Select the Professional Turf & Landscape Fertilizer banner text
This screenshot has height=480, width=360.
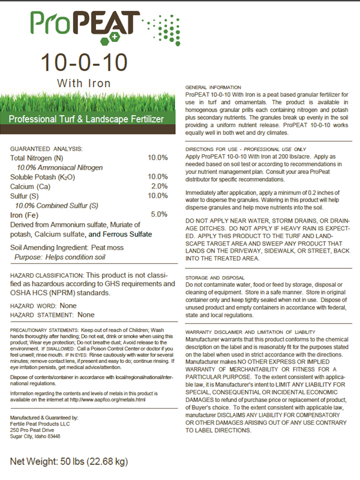tap(87, 120)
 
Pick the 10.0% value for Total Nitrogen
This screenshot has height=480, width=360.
tap(158, 158)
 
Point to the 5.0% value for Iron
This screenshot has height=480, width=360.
tap(159, 214)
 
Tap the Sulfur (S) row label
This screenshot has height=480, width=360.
tap(28, 196)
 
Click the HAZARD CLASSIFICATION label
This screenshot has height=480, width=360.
tap(46, 275)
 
